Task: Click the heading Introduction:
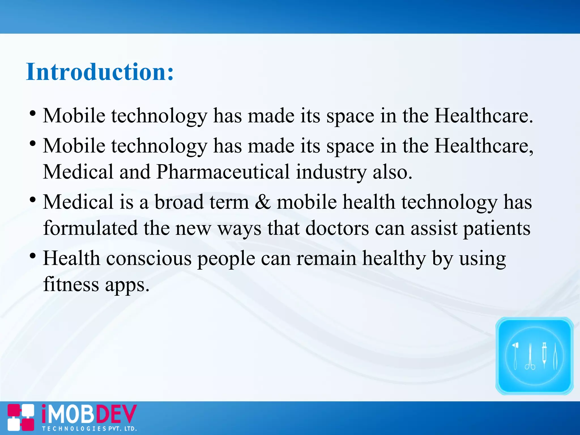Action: [x=100, y=72]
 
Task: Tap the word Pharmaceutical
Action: [x=223, y=172]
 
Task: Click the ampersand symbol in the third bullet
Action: [x=263, y=202]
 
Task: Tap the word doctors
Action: [x=337, y=228]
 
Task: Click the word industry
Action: [x=331, y=172]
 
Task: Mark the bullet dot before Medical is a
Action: [x=33, y=200]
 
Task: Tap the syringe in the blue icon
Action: [x=544, y=355]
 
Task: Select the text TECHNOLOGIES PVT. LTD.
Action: [x=89, y=428]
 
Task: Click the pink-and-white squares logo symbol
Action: [x=21, y=417]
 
